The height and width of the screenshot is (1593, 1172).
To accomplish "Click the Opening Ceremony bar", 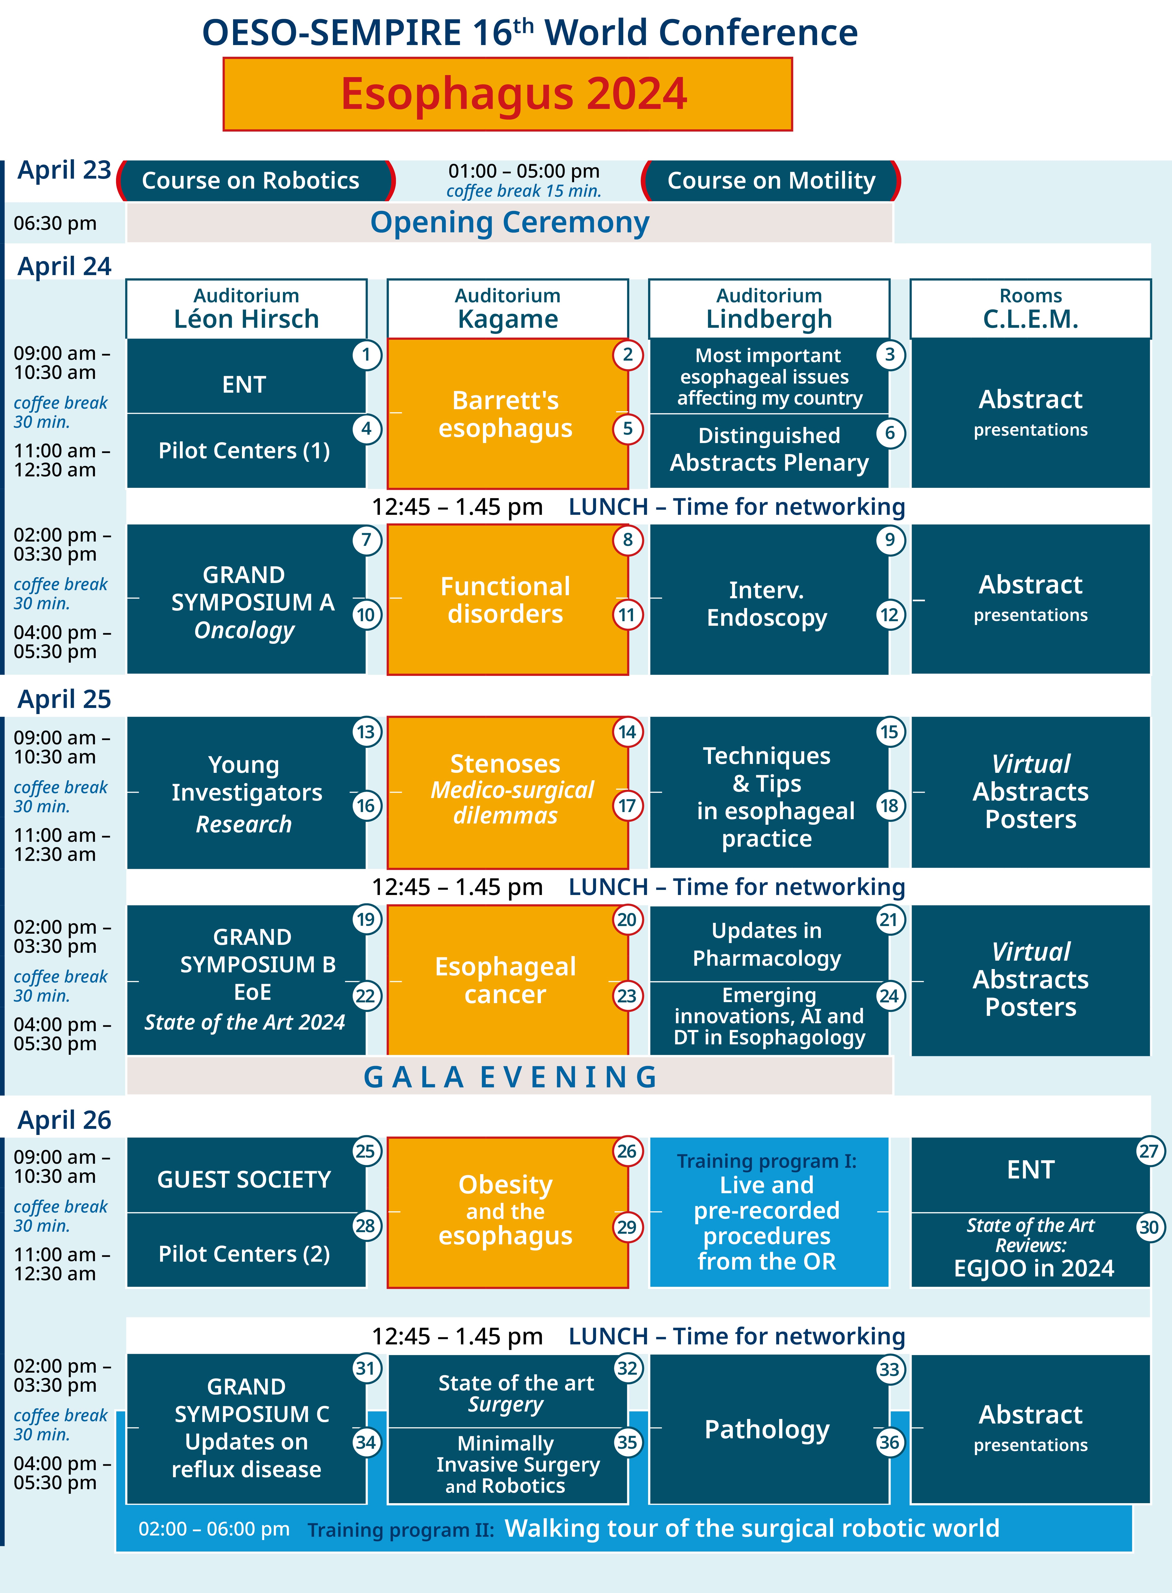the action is point(509,223).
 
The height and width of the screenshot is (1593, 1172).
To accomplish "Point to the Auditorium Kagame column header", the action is point(507,309).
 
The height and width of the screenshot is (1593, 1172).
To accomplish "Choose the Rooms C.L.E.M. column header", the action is point(1030,309).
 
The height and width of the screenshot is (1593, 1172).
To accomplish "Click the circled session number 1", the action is point(366,355).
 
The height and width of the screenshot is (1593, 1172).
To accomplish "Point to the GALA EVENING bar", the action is point(509,1076).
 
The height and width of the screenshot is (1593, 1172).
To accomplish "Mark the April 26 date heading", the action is point(65,1120).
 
